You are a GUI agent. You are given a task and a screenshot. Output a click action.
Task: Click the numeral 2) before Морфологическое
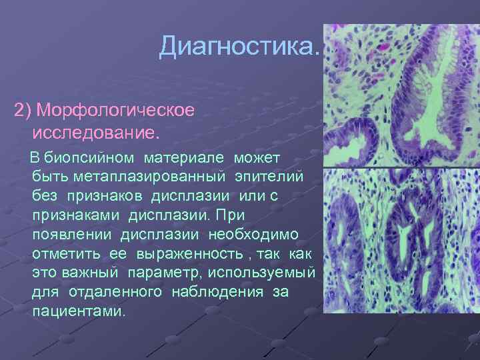pyautogui.click(x=24, y=109)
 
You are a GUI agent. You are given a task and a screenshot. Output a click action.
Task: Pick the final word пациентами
pyautogui.click(x=77, y=312)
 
